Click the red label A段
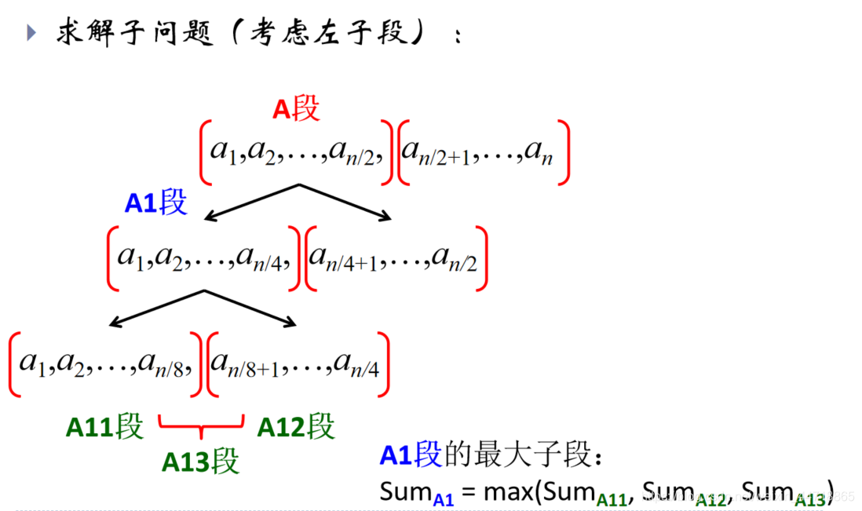(x=296, y=110)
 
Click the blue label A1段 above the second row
(x=155, y=203)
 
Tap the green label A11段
(x=104, y=427)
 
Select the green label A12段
(x=296, y=427)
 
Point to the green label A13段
(x=200, y=462)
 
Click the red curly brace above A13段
(x=202, y=429)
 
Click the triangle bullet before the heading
(x=31, y=32)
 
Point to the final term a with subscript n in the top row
(x=539, y=152)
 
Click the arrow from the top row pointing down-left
(x=251, y=202)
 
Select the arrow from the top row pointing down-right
(x=346, y=202)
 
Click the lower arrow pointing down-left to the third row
(x=157, y=307)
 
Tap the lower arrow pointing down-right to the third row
(x=251, y=307)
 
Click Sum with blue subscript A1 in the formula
(x=416, y=492)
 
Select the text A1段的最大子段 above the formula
(x=491, y=455)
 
